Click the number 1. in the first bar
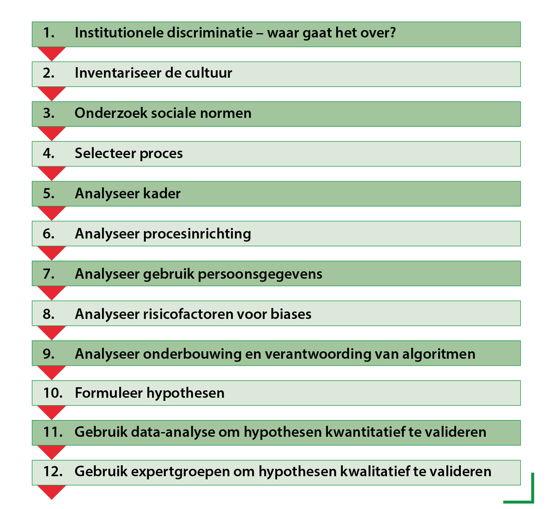(48, 33)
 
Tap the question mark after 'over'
(392, 33)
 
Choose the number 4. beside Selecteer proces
(48, 153)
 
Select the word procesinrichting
(197, 234)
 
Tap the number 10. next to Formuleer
(53, 393)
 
